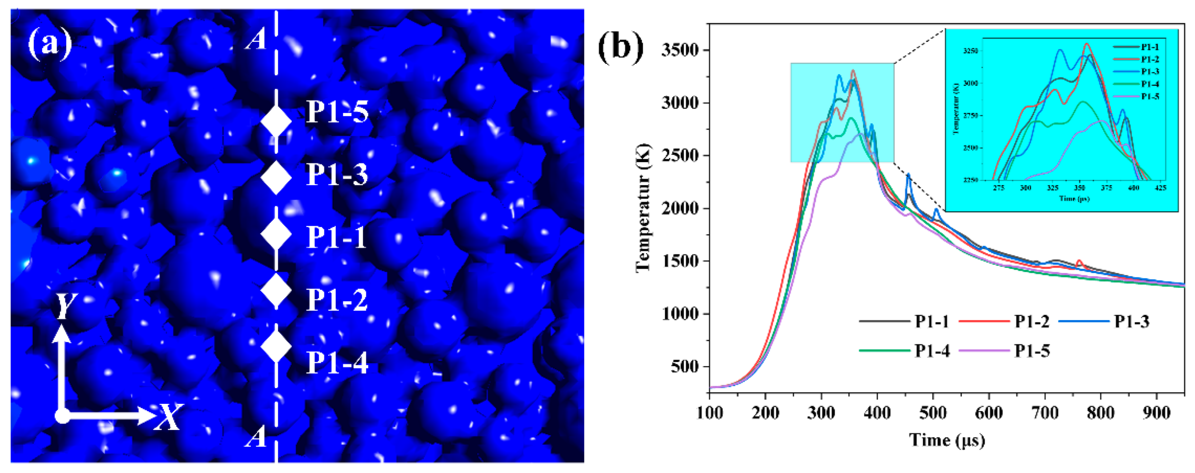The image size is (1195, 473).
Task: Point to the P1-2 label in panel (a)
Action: tap(337, 300)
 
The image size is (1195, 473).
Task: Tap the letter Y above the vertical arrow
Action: tap(66, 307)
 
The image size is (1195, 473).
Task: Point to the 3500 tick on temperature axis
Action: tap(680, 50)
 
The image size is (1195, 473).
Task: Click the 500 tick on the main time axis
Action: tap(933, 412)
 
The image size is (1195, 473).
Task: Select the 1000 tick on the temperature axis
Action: tap(680, 314)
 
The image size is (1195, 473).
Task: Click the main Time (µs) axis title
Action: tap(946, 440)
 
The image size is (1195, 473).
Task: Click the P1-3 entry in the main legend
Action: tap(1131, 321)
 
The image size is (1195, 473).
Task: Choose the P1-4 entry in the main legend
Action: tap(932, 350)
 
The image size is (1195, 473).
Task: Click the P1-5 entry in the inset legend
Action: tap(1150, 96)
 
